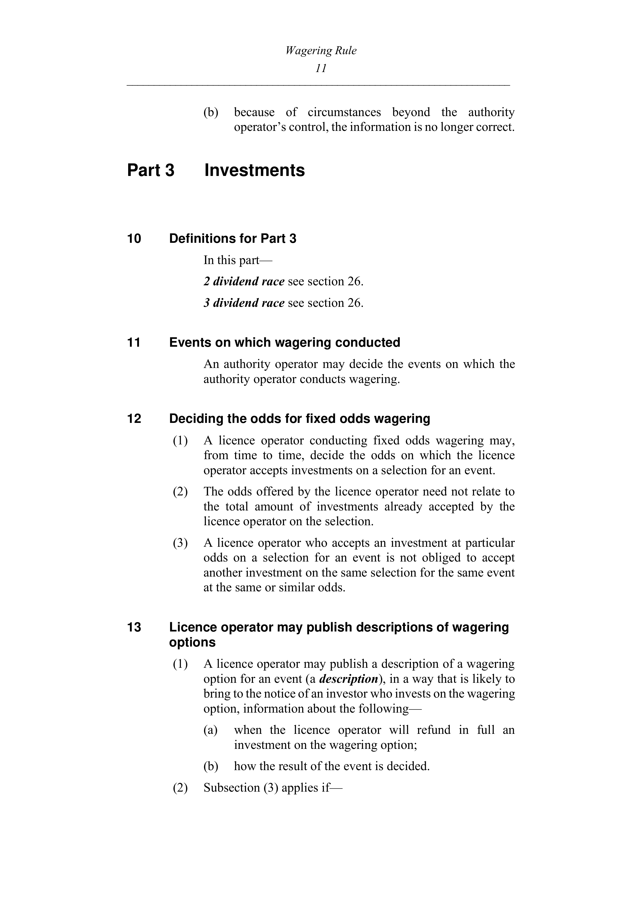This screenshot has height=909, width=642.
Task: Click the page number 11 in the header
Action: [321, 68]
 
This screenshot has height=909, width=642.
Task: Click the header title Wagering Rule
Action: [321, 51]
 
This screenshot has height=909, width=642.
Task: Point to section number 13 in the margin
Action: [134, 628]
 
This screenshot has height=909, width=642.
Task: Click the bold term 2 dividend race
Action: [244, 281]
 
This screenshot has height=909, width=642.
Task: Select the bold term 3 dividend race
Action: [244, 303]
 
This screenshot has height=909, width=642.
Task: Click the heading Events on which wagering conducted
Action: [284, 343]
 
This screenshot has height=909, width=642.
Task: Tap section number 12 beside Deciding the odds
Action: [134, 419]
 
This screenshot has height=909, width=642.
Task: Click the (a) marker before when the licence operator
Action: [210, 730]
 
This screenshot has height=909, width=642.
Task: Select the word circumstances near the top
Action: [344, 112]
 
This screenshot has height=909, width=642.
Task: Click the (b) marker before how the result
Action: [210, 766]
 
